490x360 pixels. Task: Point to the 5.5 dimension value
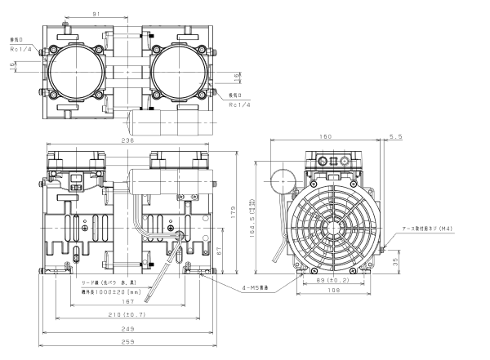pyautogui.click(x=396, y=136)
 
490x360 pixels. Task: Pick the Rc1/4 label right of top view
pyautogui.click(x=238, y=104)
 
